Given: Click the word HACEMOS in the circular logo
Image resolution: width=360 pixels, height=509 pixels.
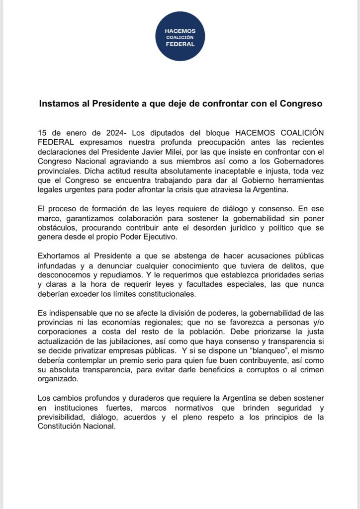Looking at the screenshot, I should pyautogui.click(x=180, y=31).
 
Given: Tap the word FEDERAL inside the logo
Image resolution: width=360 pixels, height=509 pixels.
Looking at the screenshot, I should pyautogui.click(x=180, y=44).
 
